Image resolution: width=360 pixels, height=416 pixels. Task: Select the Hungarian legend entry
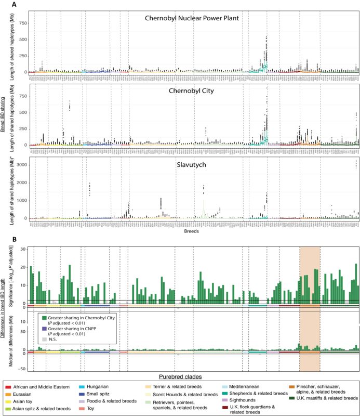pos(114,387)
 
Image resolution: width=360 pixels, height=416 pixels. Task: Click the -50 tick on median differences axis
pos(22,368)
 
